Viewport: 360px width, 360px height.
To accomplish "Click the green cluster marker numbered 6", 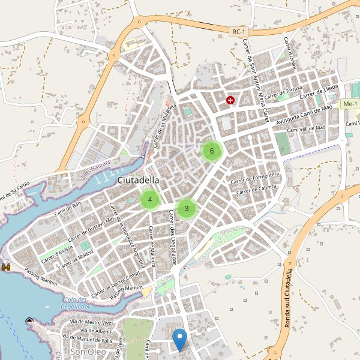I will (212, 151).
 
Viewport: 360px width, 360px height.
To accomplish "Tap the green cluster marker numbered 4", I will (150, 200).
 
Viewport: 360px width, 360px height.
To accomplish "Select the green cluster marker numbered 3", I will (187, 209).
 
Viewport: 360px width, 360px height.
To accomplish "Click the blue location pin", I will (179, 340).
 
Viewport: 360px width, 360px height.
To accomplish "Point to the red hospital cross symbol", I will (230, 100).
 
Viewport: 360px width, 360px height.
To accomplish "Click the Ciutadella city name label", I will (139, 180).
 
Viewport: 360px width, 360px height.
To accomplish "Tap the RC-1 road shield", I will (239, 32).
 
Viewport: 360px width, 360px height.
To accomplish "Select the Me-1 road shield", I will (349, 104).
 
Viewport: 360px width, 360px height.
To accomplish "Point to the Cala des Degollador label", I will (74, 303).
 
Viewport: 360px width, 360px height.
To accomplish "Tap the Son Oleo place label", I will (88, 352).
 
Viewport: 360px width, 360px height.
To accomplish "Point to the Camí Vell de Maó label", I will (307, 128).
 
